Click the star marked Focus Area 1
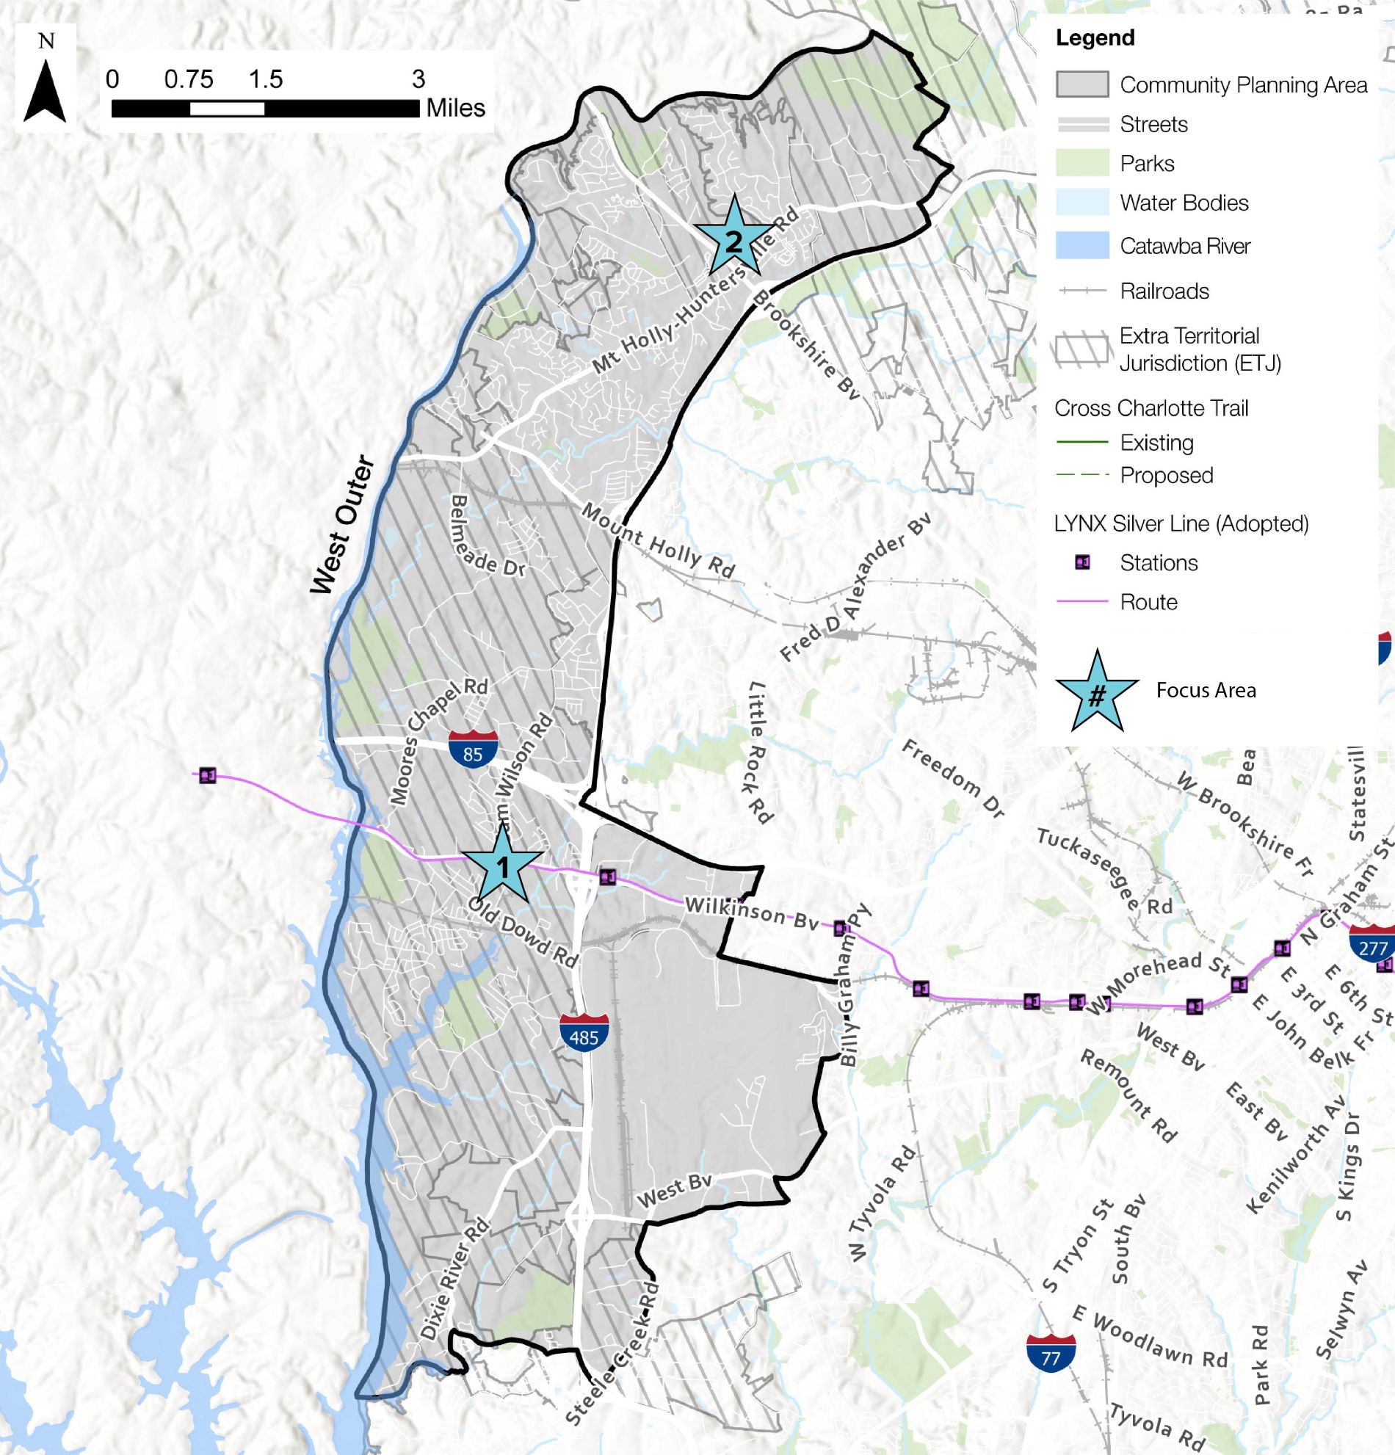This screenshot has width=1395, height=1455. (503, 866)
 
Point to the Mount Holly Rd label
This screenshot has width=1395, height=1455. (658, 540)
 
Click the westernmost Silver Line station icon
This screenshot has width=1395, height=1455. (208, 776)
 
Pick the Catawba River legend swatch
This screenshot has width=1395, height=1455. (1081, 246)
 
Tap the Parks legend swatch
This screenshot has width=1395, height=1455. (1081, 163)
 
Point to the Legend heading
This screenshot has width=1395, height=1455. (1095, 38)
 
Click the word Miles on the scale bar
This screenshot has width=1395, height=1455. (455, 109)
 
